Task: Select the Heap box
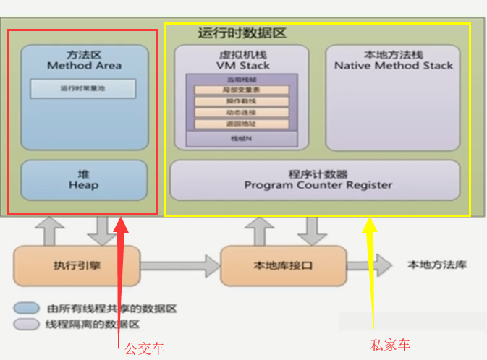coord(83,179)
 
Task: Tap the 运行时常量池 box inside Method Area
coord(82,89)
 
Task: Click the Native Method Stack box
coord(393,98)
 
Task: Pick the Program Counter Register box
coord(315,179)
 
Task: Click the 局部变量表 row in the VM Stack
coord(242,90)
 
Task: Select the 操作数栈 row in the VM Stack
coord(242,101)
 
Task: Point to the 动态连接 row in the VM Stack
coord(242,113)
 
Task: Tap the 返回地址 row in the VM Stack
coord(242,124)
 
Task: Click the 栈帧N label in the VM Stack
coord(242,137)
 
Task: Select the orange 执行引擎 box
coord(76,265)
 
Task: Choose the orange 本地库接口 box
coord(282,265)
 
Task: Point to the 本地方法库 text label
coord(437,265)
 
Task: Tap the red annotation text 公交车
coord(144,348)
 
